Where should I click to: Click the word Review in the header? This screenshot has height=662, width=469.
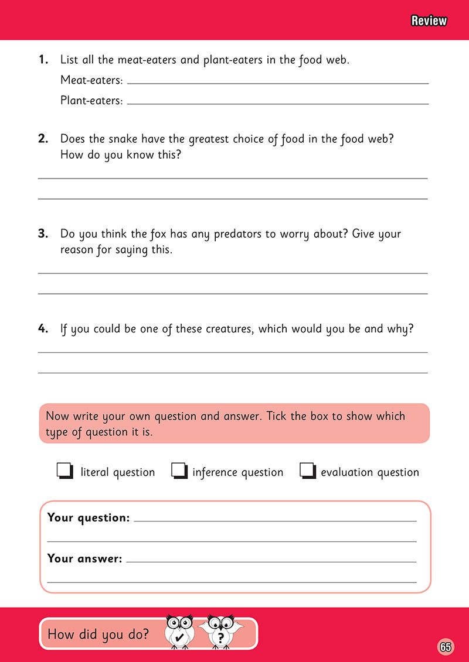(429, 21)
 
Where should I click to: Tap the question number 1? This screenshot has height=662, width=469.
(43, 59)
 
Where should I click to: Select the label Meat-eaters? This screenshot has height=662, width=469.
(91, 80)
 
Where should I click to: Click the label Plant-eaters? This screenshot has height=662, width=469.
(91, 100)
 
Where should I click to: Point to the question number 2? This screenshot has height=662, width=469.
(43, 139)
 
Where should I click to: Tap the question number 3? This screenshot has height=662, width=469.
(43, 234)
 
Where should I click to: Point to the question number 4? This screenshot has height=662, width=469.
(43, 328)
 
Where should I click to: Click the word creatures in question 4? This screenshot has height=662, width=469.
(229, 328)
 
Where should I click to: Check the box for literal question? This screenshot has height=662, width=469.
(64, 471)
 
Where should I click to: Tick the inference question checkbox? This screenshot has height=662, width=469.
(178, 471)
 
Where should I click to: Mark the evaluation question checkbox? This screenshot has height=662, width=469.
(307, 471)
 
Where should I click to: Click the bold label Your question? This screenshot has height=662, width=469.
(88, 517)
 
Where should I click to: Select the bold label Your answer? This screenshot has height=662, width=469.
(84, 558)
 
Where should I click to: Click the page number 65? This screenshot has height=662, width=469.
(445, 647)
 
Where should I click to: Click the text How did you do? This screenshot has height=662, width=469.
(98, 634)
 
